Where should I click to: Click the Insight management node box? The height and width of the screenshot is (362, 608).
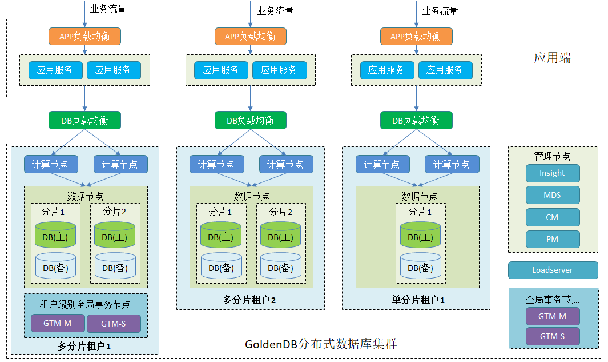[x=552, y=173]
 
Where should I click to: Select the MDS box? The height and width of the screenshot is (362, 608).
[x=552, y=195]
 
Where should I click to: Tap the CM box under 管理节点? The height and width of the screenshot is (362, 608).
[x=552, y=217]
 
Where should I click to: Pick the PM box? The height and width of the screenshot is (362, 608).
[x=552, y=239]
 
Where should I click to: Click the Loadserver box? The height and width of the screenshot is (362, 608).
[x=553, y=270]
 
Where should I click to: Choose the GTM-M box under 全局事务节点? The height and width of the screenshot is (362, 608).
[x=552, y=316]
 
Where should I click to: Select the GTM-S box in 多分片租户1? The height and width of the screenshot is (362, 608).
[x=113, y=324]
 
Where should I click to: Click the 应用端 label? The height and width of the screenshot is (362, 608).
[x=552, y=58]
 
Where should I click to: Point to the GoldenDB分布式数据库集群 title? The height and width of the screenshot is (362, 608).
[x=321, y=344]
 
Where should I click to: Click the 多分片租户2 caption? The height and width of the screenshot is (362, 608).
[x=249, y=300]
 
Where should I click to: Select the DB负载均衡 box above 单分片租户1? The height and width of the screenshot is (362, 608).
[x=416, y=120]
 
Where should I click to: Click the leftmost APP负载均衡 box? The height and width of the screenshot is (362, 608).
[x=84, y=36]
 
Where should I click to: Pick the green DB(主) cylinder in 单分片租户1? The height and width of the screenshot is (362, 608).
[x=421, y=235]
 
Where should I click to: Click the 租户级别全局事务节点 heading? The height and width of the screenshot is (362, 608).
[x=85, y=304]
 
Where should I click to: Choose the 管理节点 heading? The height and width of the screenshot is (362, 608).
[x=552, y=156]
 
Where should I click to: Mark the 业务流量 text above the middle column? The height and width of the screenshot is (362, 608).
[x=275, y=11]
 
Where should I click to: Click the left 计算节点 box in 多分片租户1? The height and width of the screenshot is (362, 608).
[x=50, y=164]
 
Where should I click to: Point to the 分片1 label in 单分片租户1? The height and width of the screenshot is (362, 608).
[x=420, y=212]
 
